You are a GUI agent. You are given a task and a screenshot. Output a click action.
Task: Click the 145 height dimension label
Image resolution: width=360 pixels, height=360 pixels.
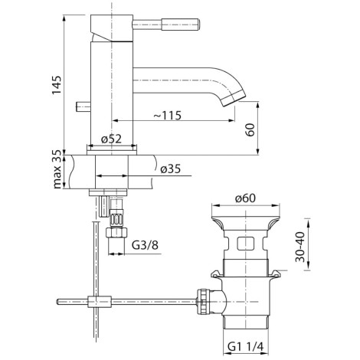[57, 85]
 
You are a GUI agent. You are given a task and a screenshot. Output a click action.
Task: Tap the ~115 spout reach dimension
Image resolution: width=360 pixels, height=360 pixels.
[168, 116]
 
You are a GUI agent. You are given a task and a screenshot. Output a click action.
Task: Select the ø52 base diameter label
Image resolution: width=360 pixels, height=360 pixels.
[111, 139]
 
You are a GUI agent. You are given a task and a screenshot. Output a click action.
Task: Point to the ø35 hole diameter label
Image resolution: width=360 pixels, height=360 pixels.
[171, 169]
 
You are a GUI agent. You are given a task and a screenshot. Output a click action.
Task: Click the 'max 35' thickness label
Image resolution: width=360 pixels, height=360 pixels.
[57, 169]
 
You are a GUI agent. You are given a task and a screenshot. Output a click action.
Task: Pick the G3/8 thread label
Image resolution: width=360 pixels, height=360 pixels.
[145, 245]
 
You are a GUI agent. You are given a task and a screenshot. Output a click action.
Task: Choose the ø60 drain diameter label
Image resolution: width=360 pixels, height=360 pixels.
[245, 198]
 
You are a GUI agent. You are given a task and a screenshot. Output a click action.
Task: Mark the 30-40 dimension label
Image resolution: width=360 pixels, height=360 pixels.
[300, 247]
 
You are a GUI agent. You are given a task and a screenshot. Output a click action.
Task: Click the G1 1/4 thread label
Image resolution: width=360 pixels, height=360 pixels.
[245, 347]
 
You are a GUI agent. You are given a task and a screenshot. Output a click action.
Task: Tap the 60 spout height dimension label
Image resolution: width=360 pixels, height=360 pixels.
[250, 129]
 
